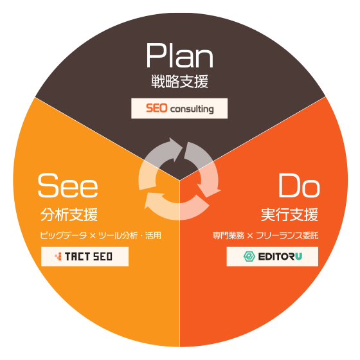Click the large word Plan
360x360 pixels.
[x=180, y=55]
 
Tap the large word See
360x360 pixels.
[x=67, y=186]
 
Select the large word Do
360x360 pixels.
[x=299, y=186]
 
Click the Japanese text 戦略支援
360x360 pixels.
[x=180, y=82]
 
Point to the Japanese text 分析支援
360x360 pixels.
[x=69, y=215]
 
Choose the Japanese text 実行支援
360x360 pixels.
[x=289, y=215]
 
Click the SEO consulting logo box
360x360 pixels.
[x=179, y=109]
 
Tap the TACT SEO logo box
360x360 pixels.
[x=85, y=256]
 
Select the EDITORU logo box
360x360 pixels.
[x=273, y=256]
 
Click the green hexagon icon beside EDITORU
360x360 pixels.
[x=249, y=256]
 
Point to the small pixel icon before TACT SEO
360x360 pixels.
[x=58, y=256]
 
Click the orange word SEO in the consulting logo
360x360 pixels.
[x=157, y=108]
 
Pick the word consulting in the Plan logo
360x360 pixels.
[x=192, y=109]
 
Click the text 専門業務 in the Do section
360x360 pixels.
[x=228, y=235]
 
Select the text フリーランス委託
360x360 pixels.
[x=287, y=235]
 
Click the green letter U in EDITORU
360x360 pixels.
[x=298, y=256]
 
